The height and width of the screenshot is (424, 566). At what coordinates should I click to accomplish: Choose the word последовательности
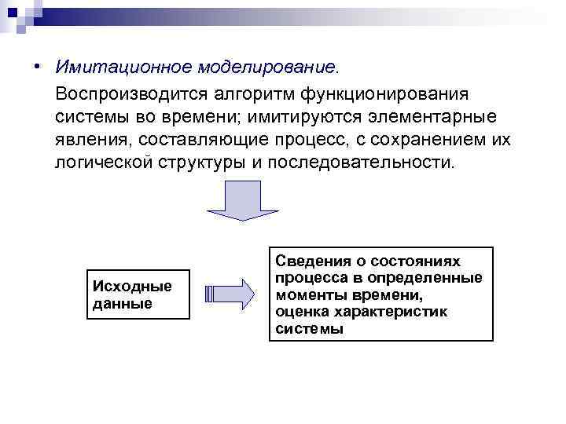point(361,163)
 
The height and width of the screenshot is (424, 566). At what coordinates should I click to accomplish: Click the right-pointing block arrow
point(230,294)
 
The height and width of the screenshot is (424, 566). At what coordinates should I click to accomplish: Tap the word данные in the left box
point(122,303)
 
